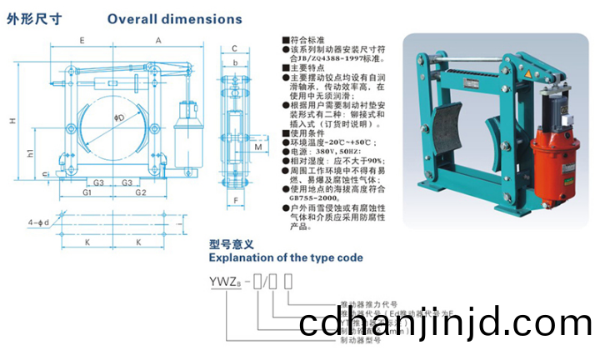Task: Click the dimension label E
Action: click(82, 40)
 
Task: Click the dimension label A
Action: click(157, 40)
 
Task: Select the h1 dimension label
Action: click(30, 153)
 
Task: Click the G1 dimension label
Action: click(87, 192)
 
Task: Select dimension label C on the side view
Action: click(235, 48)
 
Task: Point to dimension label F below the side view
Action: click(236, 200)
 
